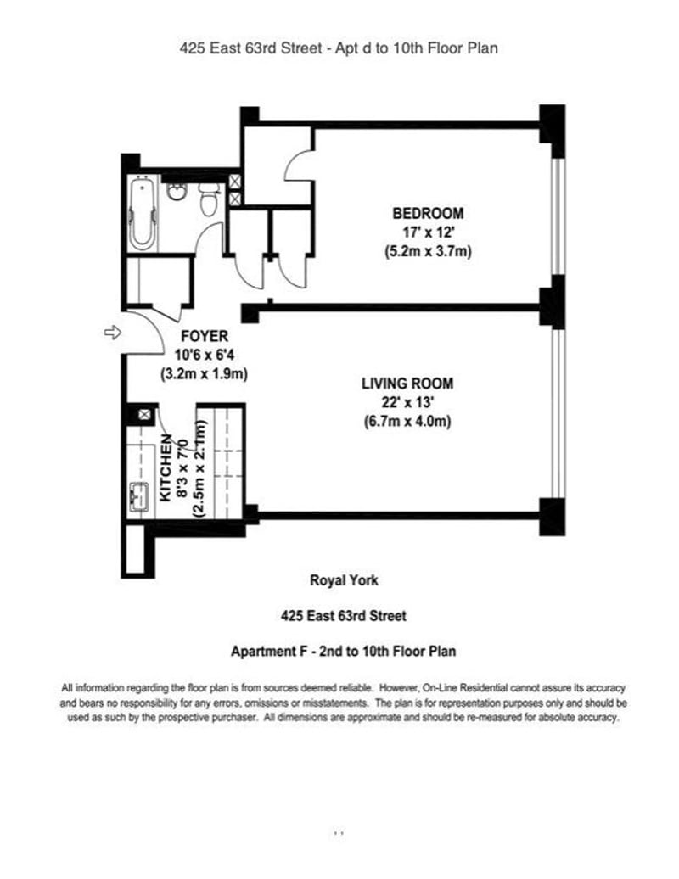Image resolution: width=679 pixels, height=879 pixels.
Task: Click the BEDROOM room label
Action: [x=428, y=214]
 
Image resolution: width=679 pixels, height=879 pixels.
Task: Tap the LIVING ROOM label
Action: [x=407, y=384]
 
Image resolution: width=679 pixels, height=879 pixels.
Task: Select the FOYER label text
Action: [x=205, y=336]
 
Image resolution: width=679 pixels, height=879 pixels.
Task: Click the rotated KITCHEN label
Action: [x=166, y=467]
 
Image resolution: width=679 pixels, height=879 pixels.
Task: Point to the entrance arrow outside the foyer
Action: [x=113, y=333]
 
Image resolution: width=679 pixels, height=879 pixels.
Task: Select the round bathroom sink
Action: [x=177, y=191]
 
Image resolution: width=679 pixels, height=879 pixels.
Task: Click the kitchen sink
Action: [x=139, y=496]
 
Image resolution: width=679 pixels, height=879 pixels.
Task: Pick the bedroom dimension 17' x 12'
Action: [x=428, y=232]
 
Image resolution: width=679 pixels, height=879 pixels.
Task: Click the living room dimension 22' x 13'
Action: [x=407, y=402]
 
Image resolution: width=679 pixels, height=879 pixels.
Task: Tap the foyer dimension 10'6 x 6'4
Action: [x=204, y=355]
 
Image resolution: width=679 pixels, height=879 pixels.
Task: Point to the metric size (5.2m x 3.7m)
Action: [x=428, y=251]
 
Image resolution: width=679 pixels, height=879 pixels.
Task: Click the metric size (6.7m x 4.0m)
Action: [x=407, y=421]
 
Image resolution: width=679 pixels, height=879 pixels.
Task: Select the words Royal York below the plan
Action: [x=344, y=580]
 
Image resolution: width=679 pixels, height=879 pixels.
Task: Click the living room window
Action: [x=558, y=414]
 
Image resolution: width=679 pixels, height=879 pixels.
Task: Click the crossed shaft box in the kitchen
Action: [x=144, y=415]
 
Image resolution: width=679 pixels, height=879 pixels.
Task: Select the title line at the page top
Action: [x=339, y=48]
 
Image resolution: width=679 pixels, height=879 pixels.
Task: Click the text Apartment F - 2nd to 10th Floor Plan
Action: [x=343, y=652]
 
